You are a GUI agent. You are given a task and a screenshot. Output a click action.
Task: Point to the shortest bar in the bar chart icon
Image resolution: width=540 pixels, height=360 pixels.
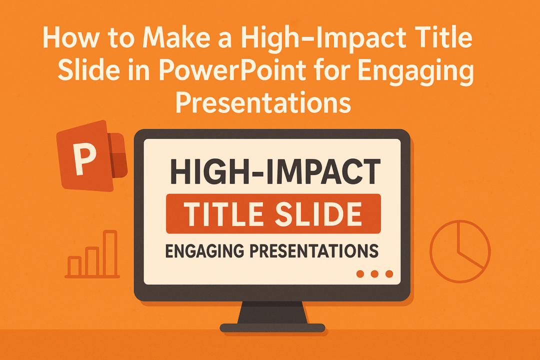tap(74, 265)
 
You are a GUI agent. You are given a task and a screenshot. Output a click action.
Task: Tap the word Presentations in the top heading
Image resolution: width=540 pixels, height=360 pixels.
tap(264, 103)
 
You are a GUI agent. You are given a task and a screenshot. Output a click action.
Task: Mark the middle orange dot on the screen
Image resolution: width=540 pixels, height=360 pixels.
tap(374, 273)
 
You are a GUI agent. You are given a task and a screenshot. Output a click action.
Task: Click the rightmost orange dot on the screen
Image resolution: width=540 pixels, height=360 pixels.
tap(389, 273)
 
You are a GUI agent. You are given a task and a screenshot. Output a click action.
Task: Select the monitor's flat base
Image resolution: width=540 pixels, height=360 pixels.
tap(272, 328)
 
